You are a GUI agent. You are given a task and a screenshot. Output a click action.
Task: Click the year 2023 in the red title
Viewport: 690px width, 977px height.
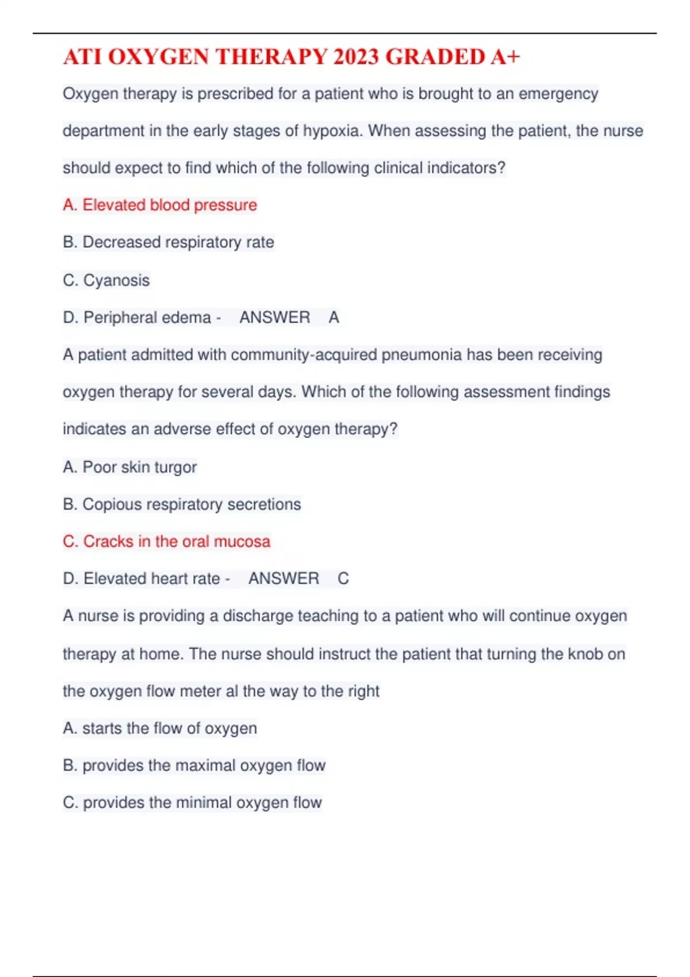356,57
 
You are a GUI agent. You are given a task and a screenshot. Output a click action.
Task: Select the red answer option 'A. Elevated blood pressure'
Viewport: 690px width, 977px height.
160,205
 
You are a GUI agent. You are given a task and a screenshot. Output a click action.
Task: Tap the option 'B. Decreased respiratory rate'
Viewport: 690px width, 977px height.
168,243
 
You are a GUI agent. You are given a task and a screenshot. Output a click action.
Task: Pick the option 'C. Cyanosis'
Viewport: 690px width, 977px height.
106,280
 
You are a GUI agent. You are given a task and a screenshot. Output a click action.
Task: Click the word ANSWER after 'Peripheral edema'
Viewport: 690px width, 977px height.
274,317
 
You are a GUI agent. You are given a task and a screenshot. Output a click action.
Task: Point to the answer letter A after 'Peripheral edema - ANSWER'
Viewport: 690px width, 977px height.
334,317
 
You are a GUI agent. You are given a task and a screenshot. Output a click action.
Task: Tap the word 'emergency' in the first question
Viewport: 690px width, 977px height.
558,94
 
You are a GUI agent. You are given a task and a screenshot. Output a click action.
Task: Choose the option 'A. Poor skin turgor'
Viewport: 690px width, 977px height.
130,467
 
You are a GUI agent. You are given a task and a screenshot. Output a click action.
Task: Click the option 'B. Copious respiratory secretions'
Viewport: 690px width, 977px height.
182,505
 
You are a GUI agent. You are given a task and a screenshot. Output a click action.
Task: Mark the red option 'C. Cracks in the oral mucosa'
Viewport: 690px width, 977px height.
166,541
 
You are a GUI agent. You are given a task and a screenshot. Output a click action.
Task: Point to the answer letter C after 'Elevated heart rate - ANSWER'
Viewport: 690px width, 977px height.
343,579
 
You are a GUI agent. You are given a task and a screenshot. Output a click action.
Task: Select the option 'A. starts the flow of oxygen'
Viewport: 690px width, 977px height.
160,728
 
